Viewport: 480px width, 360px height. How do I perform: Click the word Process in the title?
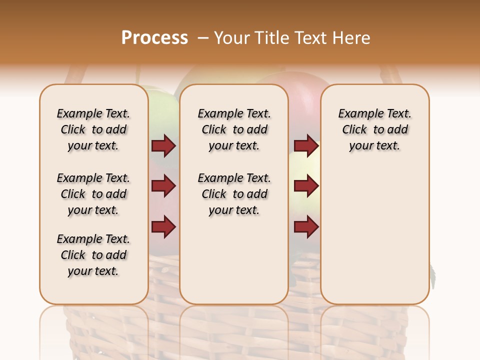coord(154,38)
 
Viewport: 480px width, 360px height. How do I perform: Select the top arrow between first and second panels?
coord(163,145)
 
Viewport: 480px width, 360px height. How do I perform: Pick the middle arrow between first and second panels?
coord(163,186)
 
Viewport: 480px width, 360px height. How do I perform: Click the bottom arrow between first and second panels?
coord(163,227)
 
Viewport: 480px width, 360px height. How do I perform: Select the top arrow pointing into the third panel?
coord(306,145)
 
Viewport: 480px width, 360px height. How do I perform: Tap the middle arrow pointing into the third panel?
coord(306,186)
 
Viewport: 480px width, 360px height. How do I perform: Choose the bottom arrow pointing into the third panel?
coord(306,227)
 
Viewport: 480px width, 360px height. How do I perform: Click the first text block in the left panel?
coord(93,129)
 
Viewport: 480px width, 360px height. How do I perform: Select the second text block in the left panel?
coord(93,194)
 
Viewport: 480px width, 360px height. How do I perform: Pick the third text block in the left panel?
coord(93,255)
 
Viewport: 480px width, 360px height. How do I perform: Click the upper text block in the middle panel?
coord(234,129)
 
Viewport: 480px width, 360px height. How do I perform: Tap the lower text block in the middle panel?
coord(234,194)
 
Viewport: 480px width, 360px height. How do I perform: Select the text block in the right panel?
coord(374,129)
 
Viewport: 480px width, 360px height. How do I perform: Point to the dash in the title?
coord(202,38)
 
